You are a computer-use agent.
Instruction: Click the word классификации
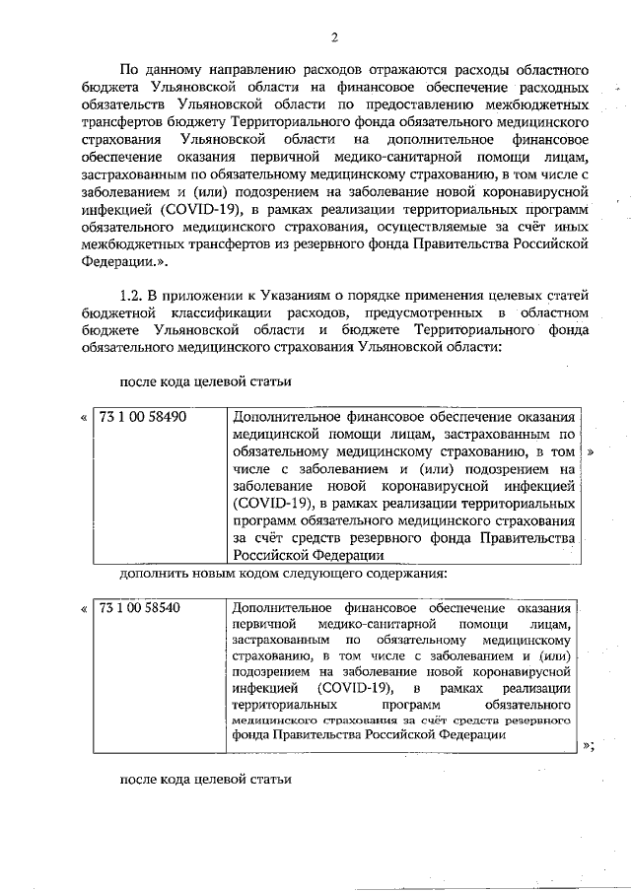[243, 312]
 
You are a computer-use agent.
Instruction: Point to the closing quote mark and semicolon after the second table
[589, 746]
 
